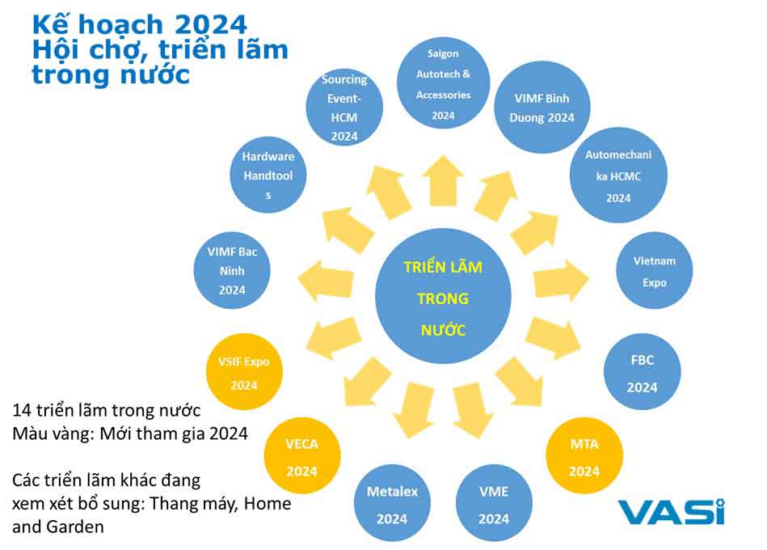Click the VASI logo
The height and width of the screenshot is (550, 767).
click(x=671, y=512)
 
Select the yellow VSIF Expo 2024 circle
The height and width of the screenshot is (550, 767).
click(x=244, y=372)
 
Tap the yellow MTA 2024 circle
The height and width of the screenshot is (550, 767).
click(x=584, y=455)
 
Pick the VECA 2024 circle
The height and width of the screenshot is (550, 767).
click(x=301, y=455)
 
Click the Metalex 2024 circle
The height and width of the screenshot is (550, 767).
click(x=392, y=503)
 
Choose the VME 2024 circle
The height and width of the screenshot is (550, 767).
click(x=494, y=503)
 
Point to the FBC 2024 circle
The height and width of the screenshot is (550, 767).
click(x=643, y=372)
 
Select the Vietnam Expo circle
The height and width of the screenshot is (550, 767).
click(x=655, y=271)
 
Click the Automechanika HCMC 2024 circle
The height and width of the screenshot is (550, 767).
click(x=618, y=176)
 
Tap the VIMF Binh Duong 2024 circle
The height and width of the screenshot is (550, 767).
click(x=542, y=107)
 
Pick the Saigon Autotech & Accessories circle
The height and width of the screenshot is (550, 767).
click(x=443, y=83)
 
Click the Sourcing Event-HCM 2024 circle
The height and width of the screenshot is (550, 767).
click(x=344, y=107)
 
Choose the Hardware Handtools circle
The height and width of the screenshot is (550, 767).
click(x=268, y=175)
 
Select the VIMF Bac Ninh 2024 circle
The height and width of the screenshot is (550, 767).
click(x=232, y=271)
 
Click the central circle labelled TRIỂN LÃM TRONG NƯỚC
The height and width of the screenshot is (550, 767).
click(x=443, y=296)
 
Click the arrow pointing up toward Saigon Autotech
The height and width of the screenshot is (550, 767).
click(x=443, y=180)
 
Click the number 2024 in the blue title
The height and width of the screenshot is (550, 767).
click(x=210, y=24)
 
